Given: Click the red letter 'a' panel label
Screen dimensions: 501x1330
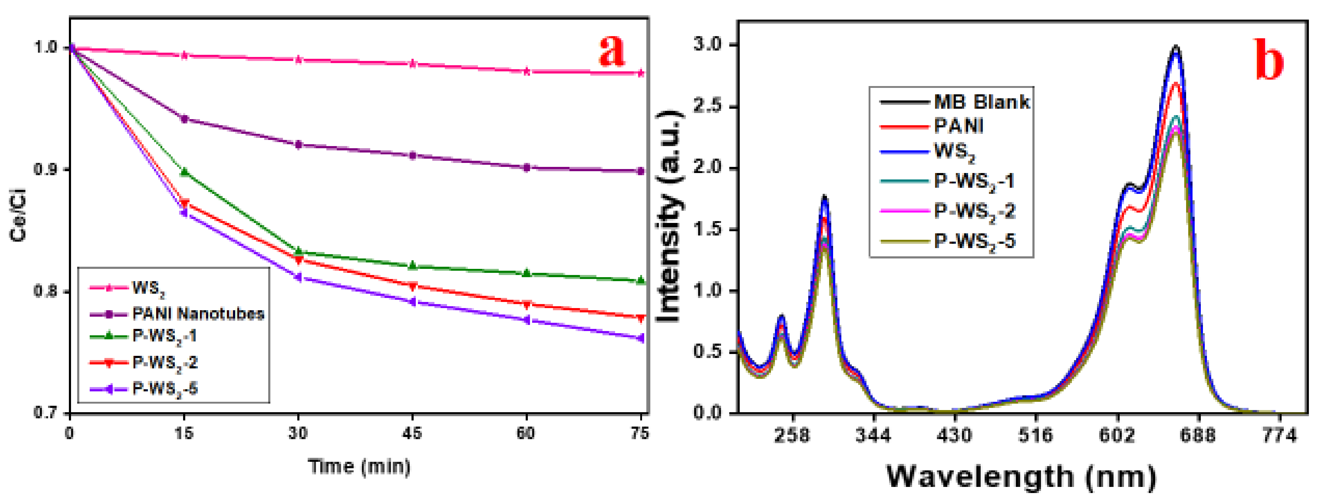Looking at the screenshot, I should [612, 50].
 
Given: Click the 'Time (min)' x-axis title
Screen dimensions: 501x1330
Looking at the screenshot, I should [359, 466].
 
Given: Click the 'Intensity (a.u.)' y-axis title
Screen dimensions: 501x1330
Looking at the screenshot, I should [670, 217].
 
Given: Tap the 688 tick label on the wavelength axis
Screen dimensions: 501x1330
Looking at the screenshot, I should [1198, 435].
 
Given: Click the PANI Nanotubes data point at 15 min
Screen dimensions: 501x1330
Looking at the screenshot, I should [184, 119].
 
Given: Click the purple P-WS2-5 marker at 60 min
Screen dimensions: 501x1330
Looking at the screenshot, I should [526, 320].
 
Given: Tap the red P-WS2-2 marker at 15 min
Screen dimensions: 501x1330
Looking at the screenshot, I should [184, 203].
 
